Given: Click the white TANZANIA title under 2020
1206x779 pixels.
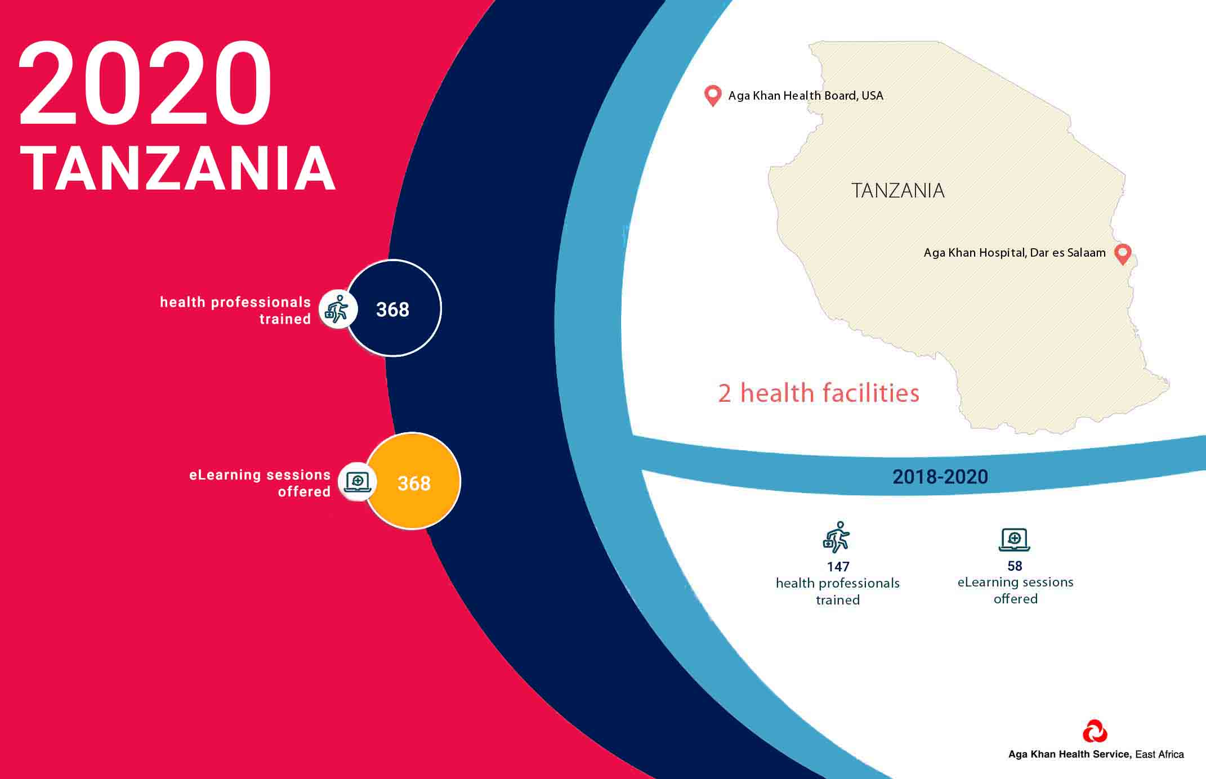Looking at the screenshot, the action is click(178, 169).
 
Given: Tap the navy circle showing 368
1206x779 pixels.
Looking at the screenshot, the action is click(393, 308).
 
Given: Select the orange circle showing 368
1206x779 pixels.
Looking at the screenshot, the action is click(413, 481).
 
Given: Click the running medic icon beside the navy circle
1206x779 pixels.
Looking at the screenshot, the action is click(337, 309).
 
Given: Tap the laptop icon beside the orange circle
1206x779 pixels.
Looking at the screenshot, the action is click(357, 482).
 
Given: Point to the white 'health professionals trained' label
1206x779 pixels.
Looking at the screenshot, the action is click(235, 311).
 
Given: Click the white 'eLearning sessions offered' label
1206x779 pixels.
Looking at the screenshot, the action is click(260, 483).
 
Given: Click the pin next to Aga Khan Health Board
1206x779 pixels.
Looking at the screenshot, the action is click(713, 95).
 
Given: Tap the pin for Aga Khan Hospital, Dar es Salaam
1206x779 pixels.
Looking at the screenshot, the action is click(1123, 253).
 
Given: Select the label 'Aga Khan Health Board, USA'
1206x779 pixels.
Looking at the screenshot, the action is click(806, 96).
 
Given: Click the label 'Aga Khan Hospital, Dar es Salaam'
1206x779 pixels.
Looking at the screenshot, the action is click(1015, 253).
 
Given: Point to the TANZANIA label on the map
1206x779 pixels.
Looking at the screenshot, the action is click(898, 191).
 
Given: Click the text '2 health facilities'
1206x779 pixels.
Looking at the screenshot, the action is click(819, 393).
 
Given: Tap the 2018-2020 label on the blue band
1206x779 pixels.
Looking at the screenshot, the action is click(940, 477).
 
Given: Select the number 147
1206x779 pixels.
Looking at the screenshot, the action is click(838, 567).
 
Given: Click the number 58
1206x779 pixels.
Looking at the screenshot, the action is click(1015, 566).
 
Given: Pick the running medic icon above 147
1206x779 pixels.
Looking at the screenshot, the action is click(837, 536).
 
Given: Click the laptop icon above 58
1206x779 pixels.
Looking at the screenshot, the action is click(1015, 540).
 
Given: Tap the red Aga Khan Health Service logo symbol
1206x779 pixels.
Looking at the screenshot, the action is click(1095, 731).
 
